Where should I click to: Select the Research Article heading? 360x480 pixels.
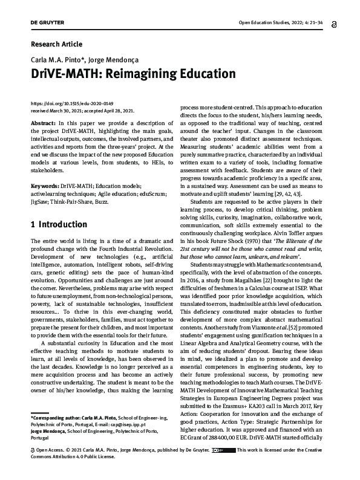click(x=56, y=44)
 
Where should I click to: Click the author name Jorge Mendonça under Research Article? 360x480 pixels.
click(x=120, y=61)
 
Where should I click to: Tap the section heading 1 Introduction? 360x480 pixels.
click(x=59, y=225)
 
